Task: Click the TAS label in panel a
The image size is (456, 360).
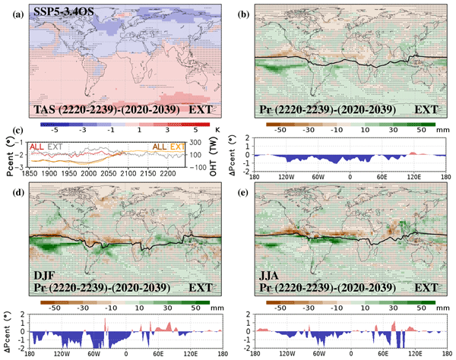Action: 47,110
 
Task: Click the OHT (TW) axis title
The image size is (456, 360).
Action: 216,156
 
